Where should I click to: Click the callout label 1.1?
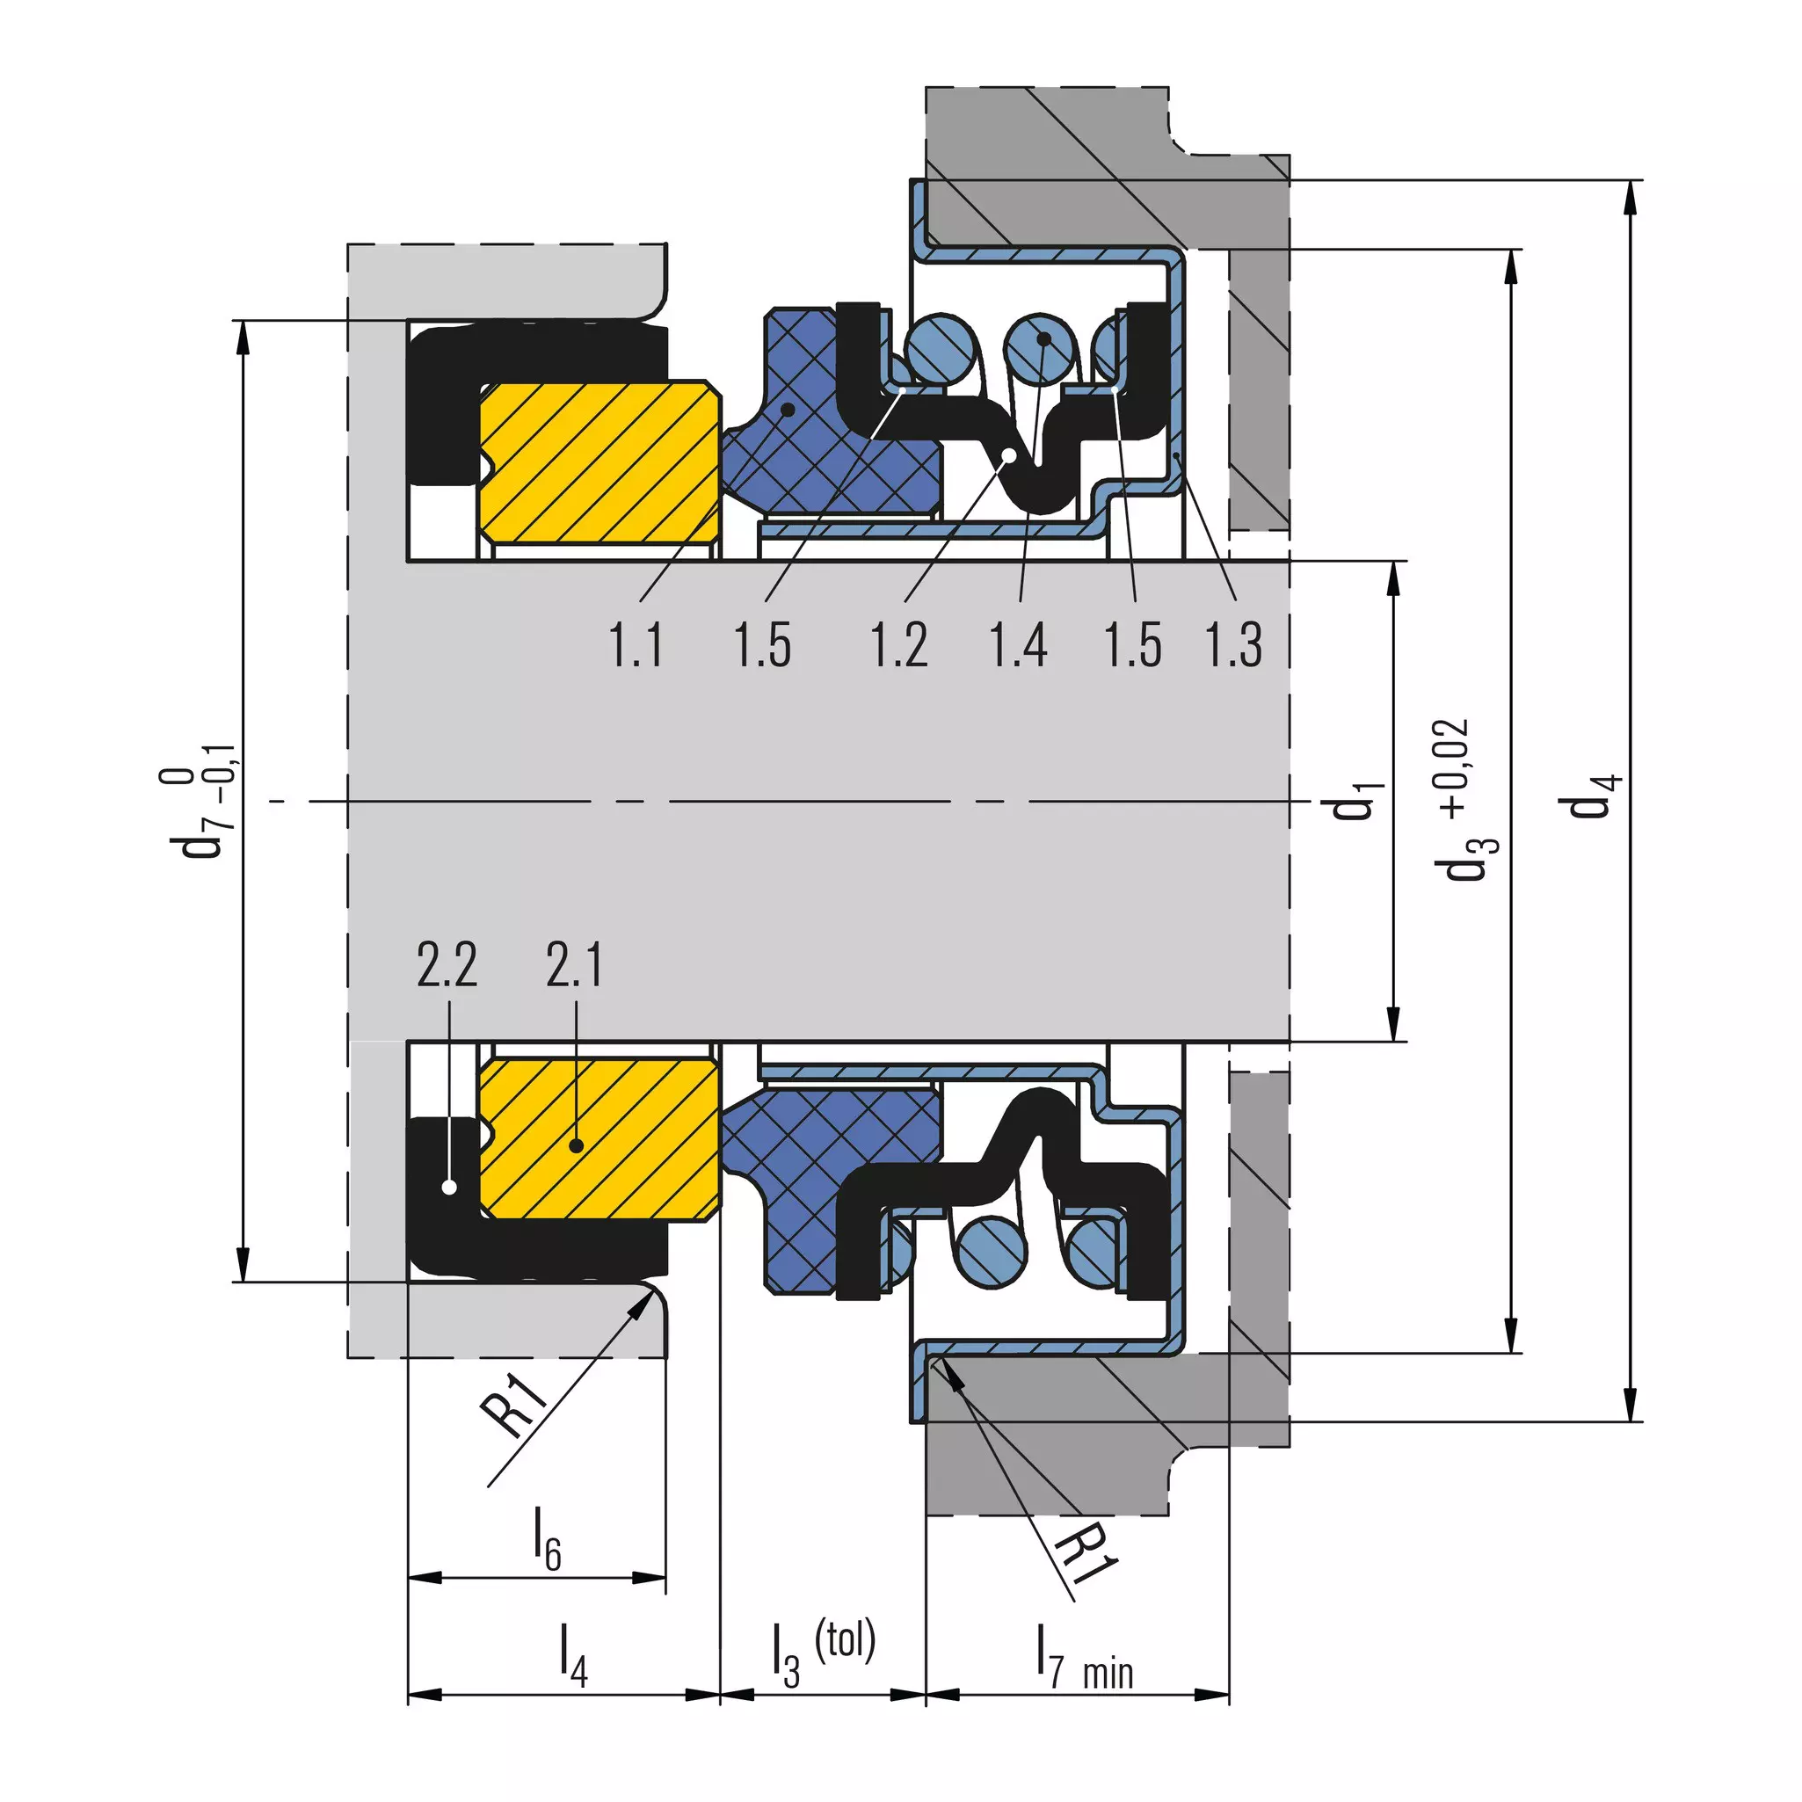[636, 644]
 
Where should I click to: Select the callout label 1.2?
[899, 644]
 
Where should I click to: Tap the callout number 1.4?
[1019, 644]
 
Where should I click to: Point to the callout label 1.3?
[1234, 644]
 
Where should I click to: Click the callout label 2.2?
[447, 964]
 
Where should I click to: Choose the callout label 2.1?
[574, 964]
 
